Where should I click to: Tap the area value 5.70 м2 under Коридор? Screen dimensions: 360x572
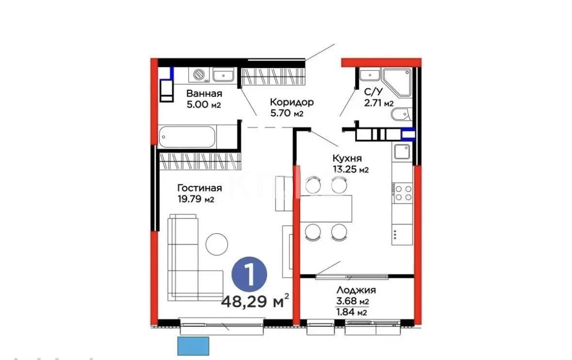(x=287, y=114)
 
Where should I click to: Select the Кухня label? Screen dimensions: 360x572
(x=346, y=158)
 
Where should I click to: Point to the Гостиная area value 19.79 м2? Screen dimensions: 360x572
(x=196, y=199)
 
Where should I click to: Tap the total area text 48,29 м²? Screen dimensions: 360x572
(x=255, y=301)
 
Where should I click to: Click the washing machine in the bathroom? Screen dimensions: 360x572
(x=199, y=75)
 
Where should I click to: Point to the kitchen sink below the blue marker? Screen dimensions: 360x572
(x=402, y=152)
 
